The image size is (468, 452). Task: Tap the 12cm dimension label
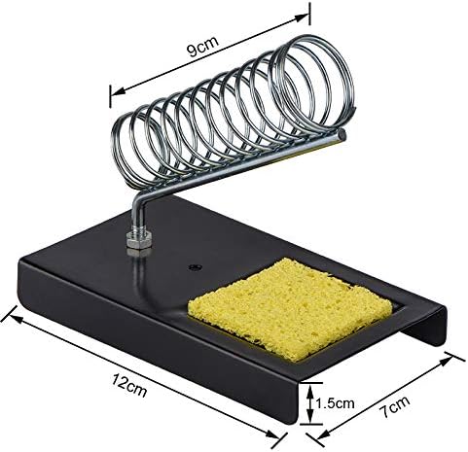[129, 385]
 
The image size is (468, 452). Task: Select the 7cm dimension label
[394, 406]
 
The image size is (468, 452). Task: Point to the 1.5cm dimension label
[335, 403]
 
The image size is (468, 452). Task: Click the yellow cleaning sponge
[290, 308]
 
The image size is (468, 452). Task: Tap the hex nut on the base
[139, 240]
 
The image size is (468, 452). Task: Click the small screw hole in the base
[195, 267]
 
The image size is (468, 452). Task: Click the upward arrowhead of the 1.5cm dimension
[310, 390]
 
